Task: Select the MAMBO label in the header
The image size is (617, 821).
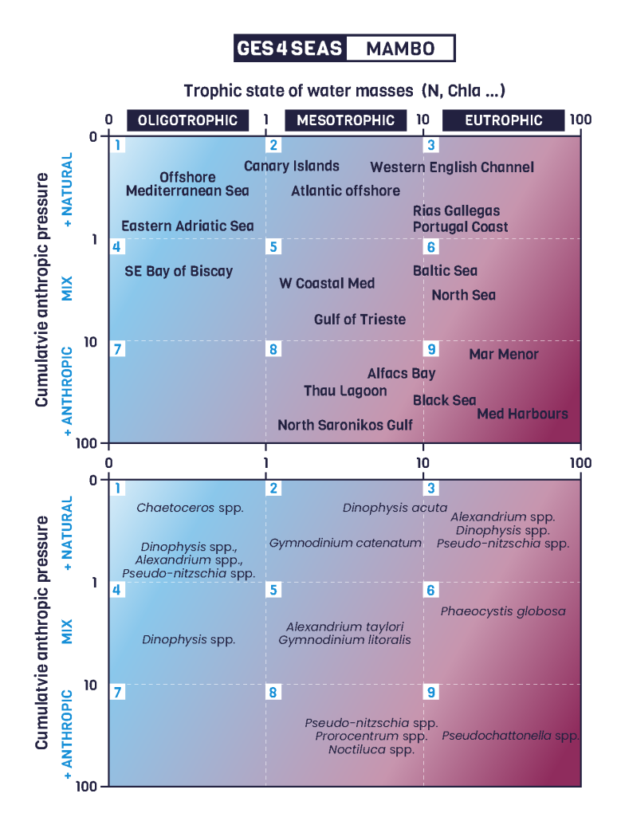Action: pyautogui.click(x=400, y=49)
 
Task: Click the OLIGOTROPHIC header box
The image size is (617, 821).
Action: pyautogui.click(x=187, y=120)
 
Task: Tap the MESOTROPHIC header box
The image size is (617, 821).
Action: pyautogui.click(x=345, y=120)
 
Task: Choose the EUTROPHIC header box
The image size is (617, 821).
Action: pyautogui.click(x=503, y=120)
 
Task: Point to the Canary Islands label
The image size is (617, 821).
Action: pyautogui.click(x=292, y=167)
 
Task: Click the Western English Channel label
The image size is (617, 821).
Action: pyautogui.click(x=452, y=167)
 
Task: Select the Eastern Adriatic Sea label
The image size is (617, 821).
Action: pyautogui.click(x=187, y=226)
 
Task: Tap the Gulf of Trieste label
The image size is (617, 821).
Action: pyautogui.click(x=360, y=320)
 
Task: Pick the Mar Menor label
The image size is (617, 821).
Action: pyautogui.click(x=504, y=355)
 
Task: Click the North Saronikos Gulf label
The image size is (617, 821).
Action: pyautogui.click(x=345, y=426)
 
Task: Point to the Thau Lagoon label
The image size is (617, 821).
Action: pyautogui.click(x=345, y=391)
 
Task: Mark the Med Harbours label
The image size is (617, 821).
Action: pyautogui.click(x=523, y=414)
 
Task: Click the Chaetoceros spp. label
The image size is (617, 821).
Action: pyautogui.click(x=190, y=508)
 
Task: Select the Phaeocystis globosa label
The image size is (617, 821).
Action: pyautogui.click(x=503, y=611)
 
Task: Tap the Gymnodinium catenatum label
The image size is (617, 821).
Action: pyautogui.click(x=345, y=544)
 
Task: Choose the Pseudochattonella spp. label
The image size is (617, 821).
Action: pyautogui.click(x=510, y=736)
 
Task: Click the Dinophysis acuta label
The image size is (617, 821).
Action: pyautogui.click(x=395, y=508)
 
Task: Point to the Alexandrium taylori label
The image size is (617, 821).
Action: pyautogui.click(x=345, y=627)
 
